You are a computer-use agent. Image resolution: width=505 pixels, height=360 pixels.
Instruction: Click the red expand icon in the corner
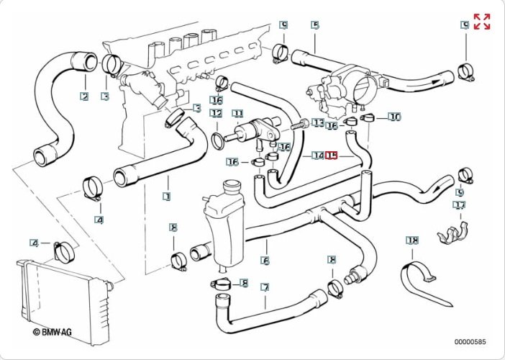(481, 22)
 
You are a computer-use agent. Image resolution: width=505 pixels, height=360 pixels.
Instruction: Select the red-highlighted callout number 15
(332, 155)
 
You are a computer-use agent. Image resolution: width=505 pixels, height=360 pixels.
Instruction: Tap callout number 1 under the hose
(167, 196)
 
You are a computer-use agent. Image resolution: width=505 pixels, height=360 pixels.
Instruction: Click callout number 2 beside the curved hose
(84, 96)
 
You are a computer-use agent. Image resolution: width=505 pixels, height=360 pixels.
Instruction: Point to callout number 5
(315, 25)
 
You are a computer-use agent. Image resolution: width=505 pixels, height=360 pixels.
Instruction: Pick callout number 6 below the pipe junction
(265, 261)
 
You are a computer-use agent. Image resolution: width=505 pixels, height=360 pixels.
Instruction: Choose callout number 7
(265, 287)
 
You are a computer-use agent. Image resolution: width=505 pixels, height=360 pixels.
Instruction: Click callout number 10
(394, 117)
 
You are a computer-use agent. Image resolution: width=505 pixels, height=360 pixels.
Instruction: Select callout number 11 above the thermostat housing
(237, 114)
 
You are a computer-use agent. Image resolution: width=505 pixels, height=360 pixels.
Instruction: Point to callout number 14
(317, 155)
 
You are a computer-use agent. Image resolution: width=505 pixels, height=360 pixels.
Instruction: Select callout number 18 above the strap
(411, 240)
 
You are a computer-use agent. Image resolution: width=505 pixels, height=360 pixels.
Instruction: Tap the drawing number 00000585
(470, 341)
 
